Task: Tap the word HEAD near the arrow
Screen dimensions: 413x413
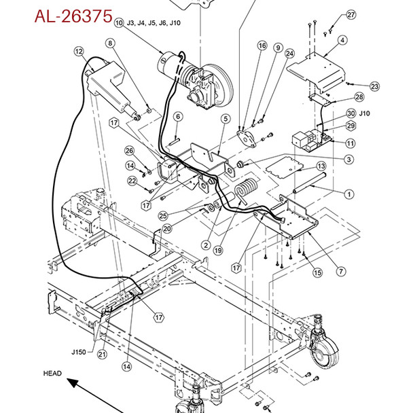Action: (52, 373)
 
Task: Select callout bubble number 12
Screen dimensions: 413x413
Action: (79, 51)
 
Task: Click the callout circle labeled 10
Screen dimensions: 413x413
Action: (119, 22)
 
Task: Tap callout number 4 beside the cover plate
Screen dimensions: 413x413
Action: (342, 40)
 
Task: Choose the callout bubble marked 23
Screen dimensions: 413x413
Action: (374, 86)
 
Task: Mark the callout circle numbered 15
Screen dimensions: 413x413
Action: (317, 272)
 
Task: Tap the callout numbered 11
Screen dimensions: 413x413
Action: (350, 143)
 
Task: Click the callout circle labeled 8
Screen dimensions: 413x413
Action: (109, 44)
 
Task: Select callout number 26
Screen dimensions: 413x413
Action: (130, 151)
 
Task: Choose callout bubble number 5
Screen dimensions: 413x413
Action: (225, 120)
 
